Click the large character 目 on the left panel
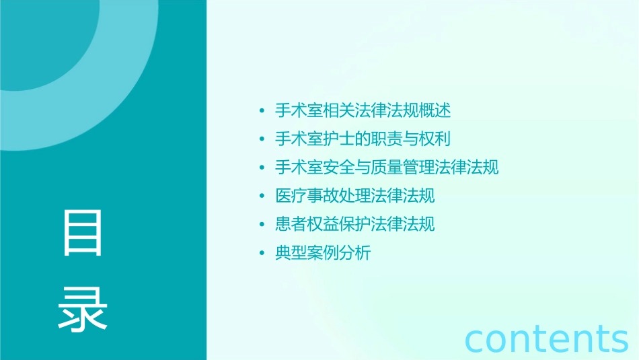coord(83,233)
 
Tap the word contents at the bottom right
coord(547,338)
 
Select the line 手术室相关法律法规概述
coord(363,110)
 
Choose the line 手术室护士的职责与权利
coord(363,139)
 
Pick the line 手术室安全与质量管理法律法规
coord(387,167)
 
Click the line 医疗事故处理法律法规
coord(354,196)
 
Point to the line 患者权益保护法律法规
coord(354,224)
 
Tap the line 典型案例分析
coord(323,253)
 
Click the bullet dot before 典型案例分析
coord(262,254)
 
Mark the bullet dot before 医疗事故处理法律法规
coord(262,196)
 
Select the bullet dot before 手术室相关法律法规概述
coord(262,111)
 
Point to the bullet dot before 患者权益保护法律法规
coord(262,225)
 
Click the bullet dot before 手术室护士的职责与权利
coord(262,139)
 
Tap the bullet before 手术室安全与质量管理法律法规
coord(262,168)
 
